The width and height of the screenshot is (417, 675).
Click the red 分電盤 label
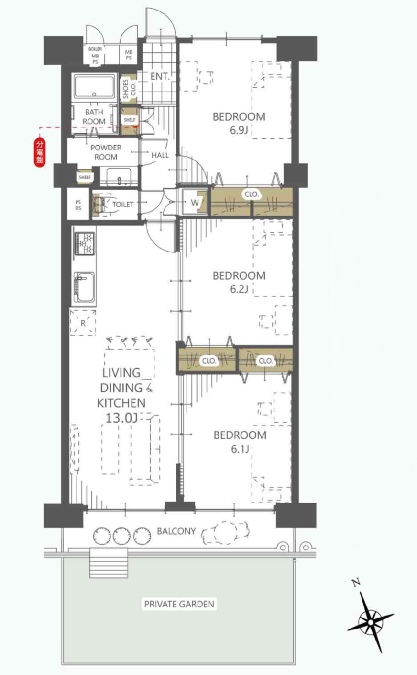point(40,152)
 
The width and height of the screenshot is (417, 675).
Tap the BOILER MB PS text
point(95,56)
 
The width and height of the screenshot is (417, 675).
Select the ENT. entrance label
point(160,77)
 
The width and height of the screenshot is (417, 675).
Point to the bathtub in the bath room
point(94,87)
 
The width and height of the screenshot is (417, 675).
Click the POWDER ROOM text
point(106,152)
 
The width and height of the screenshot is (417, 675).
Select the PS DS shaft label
point(78,205)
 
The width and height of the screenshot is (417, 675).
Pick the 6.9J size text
point(239,130)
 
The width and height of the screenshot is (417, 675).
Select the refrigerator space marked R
point(83,323)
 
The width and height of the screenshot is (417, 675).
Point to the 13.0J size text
point(121,418)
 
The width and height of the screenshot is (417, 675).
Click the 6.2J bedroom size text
point(239,289)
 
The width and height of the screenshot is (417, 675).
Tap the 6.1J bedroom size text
point(240,449)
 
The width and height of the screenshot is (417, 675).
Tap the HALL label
point(160,155)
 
